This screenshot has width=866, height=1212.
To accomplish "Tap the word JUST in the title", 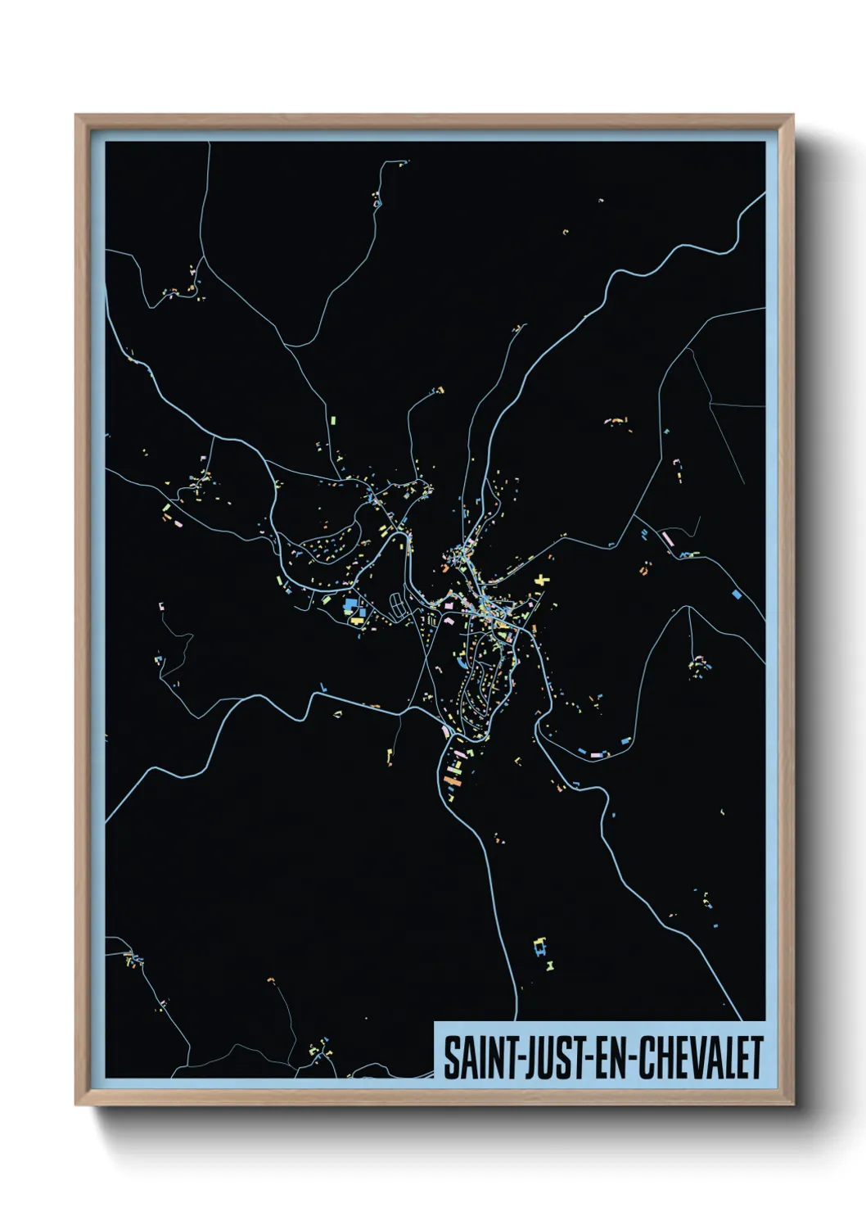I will pyautogui.click(x=544, y=1057).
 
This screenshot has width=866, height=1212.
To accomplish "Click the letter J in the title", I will pyautogui.click(x=521, y=1057).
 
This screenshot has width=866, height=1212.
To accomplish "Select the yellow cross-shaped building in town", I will pyautogui.click(x=542, y=581).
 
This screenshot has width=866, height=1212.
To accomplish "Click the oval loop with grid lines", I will pyautogui.click(x=399, y=607).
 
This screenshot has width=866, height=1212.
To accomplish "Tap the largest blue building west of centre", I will pyautogui.click(x=351, y=604).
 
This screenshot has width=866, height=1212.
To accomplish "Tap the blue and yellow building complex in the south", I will pyautogui.click(x=539, y=947).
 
